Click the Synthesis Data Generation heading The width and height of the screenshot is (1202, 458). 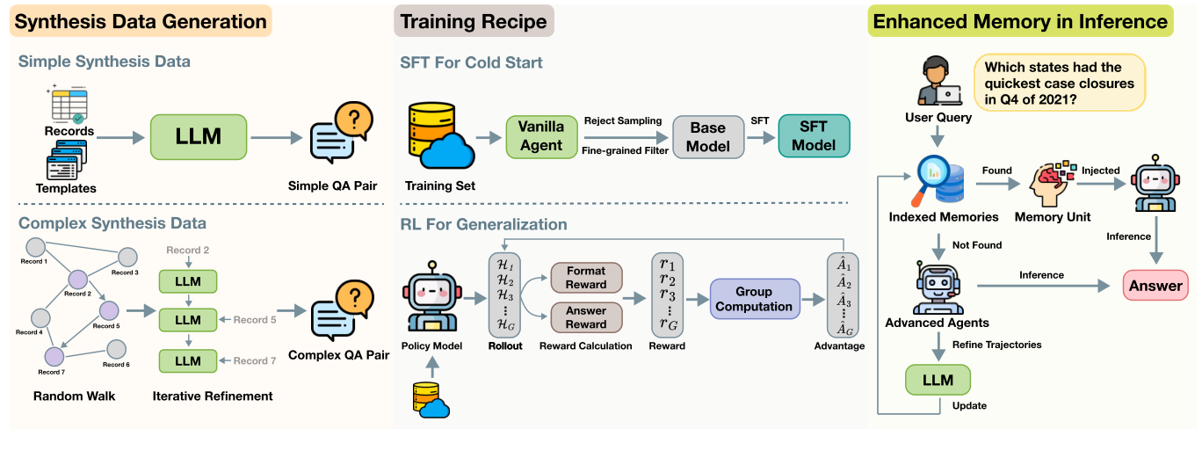point(141,21)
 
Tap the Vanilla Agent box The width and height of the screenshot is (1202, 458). point(541,136)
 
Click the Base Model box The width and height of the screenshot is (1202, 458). point(708,136)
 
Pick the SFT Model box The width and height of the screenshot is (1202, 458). point(815,136)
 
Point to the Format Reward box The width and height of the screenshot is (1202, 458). point(586,278)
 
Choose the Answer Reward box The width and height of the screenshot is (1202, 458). point(586,316)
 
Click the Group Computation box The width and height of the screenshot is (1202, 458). point(754,299)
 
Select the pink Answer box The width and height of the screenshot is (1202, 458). point(1155,285)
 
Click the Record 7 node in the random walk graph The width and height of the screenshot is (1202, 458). point(54,356)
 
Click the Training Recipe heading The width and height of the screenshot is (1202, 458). point(474,21)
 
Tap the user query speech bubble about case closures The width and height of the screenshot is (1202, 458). point(1059,83)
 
